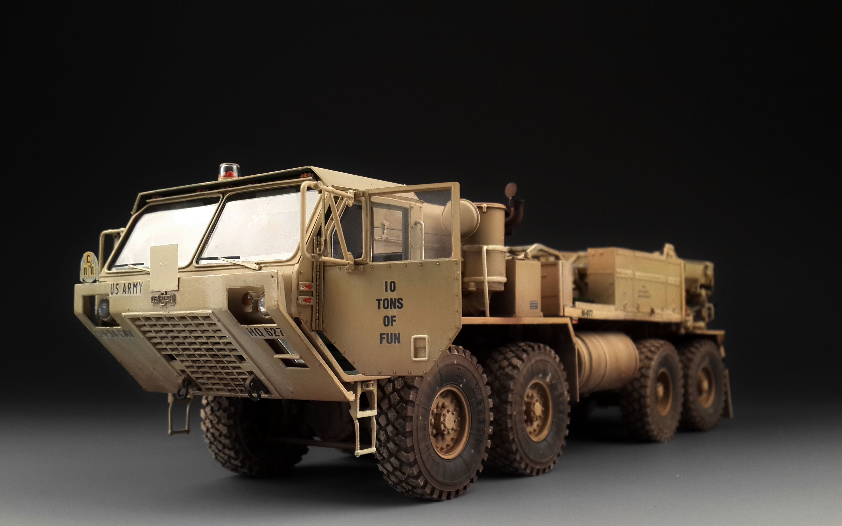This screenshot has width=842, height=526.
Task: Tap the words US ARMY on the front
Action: pos(126,288)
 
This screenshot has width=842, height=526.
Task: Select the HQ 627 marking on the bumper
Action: pos(265,332)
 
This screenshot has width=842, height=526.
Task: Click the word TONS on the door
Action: pos(390,304)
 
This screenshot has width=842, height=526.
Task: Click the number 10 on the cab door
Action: pos(390,287)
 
